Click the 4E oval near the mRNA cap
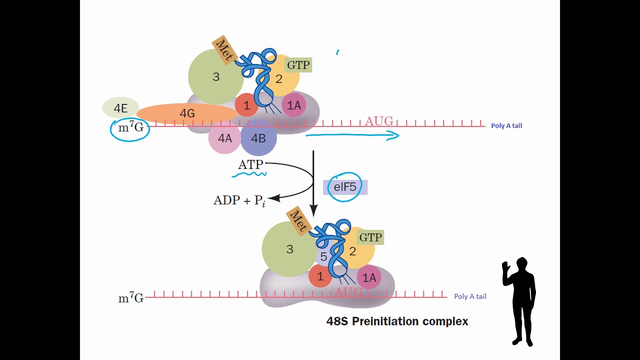click(x=120, y=107)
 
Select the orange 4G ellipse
click(x=187, y=113)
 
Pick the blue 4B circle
click(x=258, y=138)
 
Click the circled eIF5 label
click(x=345, y=187)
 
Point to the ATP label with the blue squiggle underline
click(x=250, y=165)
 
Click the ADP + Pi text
click(x=239, y=201)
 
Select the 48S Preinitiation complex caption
click(x=397, y=321)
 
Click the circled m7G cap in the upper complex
click(x=130, y=128)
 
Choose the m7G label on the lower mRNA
click(x=130, y=298)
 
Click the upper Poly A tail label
click(x=506, y=125)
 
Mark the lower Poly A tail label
click(x=470, y=296)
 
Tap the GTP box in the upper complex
click(x=298, y=65)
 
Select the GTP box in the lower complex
click(x=370, y=237)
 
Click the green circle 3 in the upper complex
click(x=215, y=76)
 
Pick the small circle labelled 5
click(x=324, y=257)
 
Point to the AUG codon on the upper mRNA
click(x=379, y=121)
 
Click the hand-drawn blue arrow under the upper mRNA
click(x=352, y=135)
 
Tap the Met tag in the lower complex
click(x=298, y=220)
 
